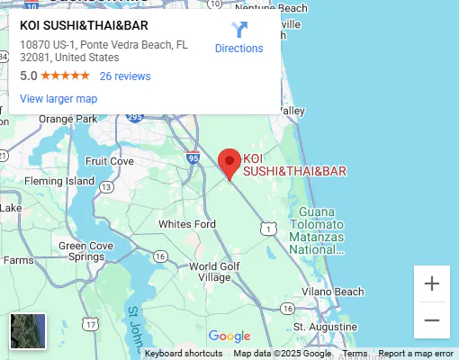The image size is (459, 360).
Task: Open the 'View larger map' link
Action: click(x=58, y=99)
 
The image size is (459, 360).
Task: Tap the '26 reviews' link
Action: click(x=125, y=76)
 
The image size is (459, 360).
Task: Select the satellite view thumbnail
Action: click(x=27, y=331)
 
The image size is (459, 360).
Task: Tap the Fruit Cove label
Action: click(x=109, y=161)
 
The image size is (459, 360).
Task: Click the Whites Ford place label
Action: click(x=187, y=224)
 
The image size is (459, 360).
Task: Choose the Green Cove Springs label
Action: click(x=85, y=251)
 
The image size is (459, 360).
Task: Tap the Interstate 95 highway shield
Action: click(x=193, y=158)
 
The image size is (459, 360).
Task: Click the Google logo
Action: click(x=229, y=337)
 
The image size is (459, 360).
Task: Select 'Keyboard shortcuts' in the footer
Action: click(x=184, y=354)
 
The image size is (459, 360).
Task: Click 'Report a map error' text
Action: click(x=416, y=354)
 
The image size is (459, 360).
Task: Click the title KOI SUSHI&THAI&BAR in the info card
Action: click(x=84, y=26)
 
